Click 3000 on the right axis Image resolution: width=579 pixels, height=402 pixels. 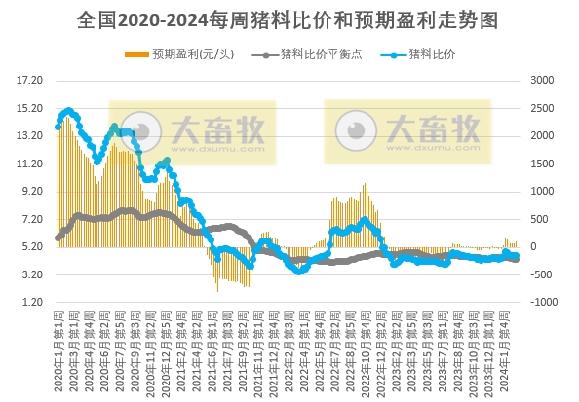pyautogui.click(x=546, y=80)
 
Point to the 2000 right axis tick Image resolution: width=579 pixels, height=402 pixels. pyautogui.click(x=546, y=135)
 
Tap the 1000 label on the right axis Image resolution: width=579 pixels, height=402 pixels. pyautogui.click(x=546, y=192)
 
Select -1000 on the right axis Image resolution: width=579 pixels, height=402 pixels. pyautogui.click(x=547, y=303)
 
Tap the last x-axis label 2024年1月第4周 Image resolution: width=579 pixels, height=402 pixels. pyautogui.click(x=504, y=350)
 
